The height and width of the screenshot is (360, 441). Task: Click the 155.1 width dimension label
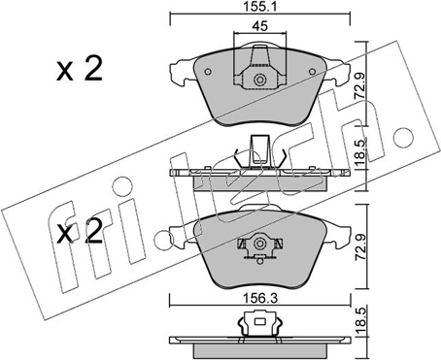pyautogui.click(x=259, y=7)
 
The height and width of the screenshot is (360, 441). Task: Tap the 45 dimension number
pyautogui.click(x=260, y=26)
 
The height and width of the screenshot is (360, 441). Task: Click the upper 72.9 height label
pyautogui.click(x=360, y=85)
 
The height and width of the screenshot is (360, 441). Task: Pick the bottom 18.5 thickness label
pyautogui.click(x=360, y=322)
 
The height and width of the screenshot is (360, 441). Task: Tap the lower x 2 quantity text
pyautogui.click(x=80, y=231)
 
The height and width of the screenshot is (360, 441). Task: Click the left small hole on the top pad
pyautogui.click(x=208, y=72)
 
